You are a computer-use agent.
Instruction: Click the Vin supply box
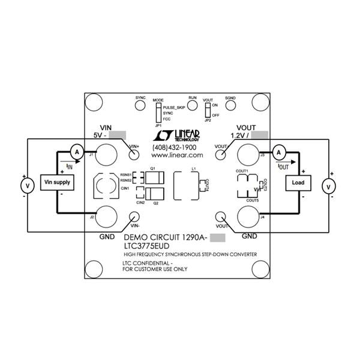click(x=57, y=182)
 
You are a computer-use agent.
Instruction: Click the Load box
click(x=298, y=182)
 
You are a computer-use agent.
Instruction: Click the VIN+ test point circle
click(x=134, y=154)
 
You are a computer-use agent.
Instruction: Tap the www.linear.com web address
click(x=178, y=155)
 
